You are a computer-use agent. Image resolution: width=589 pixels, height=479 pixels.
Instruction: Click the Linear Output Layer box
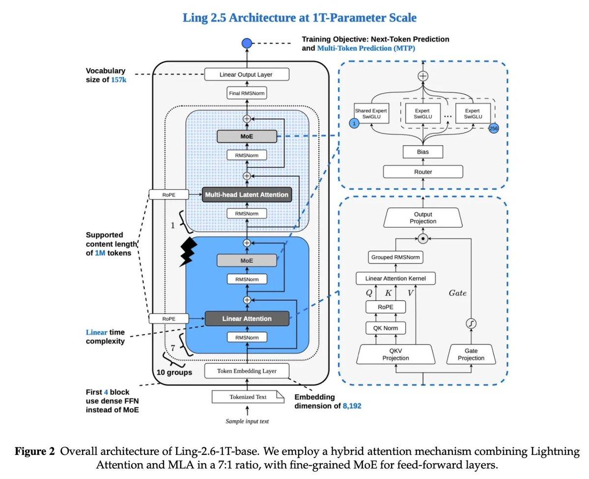click(247, 74)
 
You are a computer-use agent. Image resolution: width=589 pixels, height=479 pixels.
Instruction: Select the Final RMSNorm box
click(247, 93)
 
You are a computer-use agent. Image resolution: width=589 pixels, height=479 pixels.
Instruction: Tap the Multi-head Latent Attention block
click(247, 194)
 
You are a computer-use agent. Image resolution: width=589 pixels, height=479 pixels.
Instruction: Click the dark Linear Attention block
click(247, 319)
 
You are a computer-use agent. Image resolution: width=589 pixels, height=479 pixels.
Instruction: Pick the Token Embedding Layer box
click(247, 371)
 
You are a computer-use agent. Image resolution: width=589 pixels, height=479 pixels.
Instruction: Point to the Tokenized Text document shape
click(248, 397)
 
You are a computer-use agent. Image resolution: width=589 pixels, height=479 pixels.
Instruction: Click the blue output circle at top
click(247, 43)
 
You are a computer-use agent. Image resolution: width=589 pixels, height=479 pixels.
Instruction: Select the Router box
click(423, 172)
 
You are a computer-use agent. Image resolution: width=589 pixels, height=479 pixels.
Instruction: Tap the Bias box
click(423, 152)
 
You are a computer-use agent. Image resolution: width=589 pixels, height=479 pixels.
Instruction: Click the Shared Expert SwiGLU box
click(371, 113)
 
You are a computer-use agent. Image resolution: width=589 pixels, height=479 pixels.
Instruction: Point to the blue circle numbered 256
click(493, 129)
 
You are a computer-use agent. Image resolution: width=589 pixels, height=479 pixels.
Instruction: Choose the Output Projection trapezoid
click(423, 218)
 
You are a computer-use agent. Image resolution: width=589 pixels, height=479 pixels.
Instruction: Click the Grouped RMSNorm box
click(395, 257)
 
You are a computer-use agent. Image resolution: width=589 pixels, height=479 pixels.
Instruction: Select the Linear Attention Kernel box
click(395, 278)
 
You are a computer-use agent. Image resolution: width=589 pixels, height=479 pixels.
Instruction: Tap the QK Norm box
click(386, 328)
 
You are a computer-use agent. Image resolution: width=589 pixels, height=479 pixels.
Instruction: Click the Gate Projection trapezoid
click(471, 354)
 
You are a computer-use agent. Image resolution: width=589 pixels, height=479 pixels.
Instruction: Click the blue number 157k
click(119, 80)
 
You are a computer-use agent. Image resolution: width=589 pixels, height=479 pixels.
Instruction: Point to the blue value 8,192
click(352, 406)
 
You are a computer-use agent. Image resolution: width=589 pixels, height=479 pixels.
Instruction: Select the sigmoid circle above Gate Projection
click(471, 323)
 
